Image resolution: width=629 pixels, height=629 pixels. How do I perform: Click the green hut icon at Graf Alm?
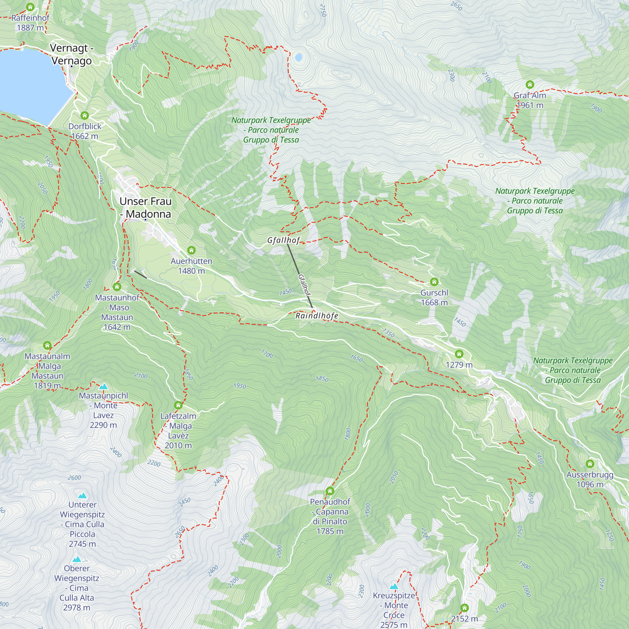click(530, 85)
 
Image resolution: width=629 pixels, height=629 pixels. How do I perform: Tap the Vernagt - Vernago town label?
click(71, 54)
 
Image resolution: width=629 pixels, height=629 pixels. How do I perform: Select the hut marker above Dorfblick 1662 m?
click(85, 115)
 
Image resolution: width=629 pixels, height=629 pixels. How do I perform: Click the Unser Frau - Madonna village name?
click(146, 207)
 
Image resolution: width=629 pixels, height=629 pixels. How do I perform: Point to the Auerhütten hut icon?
click(192, 250)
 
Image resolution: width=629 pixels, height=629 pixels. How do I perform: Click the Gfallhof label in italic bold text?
click(283, 240)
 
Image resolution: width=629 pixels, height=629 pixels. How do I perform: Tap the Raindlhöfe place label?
click(317, 315)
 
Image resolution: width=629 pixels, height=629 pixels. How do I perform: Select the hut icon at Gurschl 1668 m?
click(434, 281)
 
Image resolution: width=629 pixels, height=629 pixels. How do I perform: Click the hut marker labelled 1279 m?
click(459, 354)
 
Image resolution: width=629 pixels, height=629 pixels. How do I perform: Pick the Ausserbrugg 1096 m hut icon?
click(590, 464)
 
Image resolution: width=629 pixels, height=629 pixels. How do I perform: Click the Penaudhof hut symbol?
click(330, 491)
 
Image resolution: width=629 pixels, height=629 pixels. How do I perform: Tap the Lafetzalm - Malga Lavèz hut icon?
click(178, 405)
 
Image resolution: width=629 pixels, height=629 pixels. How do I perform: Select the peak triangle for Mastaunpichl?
click(103, 387)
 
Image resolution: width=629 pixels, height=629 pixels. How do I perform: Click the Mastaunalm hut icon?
click(47, 345)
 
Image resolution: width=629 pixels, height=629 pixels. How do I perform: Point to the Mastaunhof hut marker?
click(117, 287)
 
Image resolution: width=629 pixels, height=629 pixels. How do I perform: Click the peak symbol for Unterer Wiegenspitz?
click(83, 496)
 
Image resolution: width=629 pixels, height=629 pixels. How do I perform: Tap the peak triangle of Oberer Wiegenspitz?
click(77, 559)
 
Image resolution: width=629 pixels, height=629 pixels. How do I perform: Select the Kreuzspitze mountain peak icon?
click(394, 586)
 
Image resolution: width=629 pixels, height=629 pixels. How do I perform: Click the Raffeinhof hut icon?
click(30, 7)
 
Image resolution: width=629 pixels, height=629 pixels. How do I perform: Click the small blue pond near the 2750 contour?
click(298, 57)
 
